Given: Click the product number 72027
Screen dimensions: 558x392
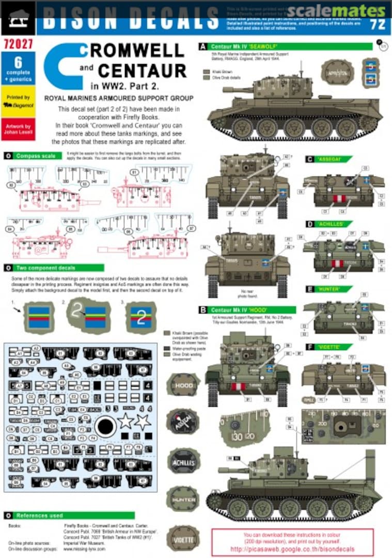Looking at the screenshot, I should (18, 45).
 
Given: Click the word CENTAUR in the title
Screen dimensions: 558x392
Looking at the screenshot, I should (143, 70).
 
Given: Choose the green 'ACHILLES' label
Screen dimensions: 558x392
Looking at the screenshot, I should (328, 224).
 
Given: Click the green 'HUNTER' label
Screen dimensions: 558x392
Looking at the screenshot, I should (328, 289).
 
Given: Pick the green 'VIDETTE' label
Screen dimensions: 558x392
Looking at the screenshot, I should (328, 347).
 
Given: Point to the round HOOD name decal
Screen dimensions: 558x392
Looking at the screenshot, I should (183, 385).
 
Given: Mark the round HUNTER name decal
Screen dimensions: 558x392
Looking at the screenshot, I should (183, 500).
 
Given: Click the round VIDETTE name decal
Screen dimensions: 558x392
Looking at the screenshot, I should (183, 538).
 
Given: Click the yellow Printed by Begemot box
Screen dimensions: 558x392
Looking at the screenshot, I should (18, 102).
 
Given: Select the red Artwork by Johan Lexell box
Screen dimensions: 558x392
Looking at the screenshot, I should (18, 129).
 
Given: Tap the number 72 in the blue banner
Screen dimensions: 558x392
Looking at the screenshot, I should (378, 24).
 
